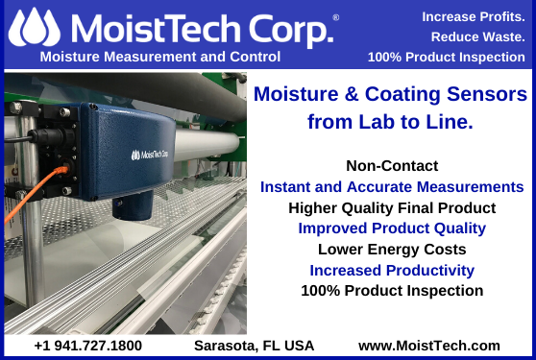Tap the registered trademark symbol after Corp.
tap(335, 17)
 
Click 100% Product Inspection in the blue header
tap(448, 57)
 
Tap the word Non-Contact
tap(392, 165)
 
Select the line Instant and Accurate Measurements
tap(392, 186)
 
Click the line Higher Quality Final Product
tap(392, 207)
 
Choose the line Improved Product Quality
tap(392, 228)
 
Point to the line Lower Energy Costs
tap(392, 250)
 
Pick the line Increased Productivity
tap(392, 271)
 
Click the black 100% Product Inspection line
tap(392, 291)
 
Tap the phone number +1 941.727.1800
tap(87, 345)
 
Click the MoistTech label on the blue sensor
tap(147, 153)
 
